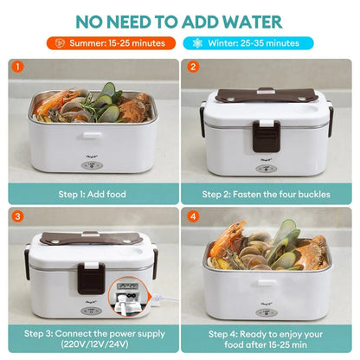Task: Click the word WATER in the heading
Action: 253,22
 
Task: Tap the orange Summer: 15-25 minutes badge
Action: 111,43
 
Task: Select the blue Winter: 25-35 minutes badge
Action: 248,43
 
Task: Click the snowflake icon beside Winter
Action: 197,43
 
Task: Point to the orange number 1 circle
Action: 17,67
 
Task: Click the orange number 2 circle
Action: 193,67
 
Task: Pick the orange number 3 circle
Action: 17,216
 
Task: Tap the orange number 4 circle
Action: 193,216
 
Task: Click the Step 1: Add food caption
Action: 93,194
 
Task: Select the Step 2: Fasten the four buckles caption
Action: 266,194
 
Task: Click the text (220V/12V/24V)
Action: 94,344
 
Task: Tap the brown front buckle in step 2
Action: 267,136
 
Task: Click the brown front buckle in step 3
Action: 91,278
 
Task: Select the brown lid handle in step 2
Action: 267,96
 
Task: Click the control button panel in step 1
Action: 92,166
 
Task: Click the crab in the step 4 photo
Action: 312,253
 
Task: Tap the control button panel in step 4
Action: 267,313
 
